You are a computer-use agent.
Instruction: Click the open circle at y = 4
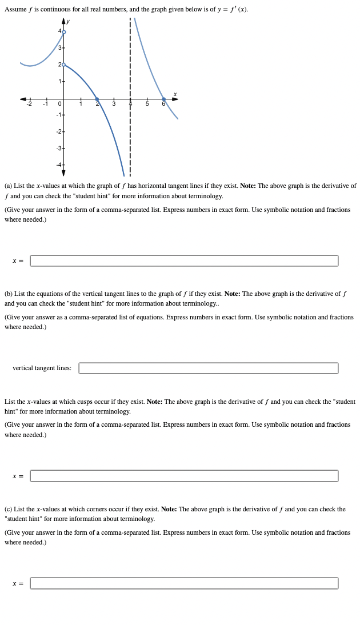(63, 31)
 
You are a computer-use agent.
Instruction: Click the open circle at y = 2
(63, 65)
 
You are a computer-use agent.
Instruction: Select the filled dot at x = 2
(97, 99)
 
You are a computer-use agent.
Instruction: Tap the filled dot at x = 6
(163, 99)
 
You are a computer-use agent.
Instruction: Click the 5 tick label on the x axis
(147, 104)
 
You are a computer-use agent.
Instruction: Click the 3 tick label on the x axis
(114, 104)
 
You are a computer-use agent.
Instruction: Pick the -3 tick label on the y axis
(58, 149)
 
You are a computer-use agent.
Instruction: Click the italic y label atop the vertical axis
(68, 21)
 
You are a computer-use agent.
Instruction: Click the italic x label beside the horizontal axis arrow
(175, 94)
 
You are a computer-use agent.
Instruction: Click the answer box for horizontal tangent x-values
(184, 261)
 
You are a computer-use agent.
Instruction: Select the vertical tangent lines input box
(208, 368)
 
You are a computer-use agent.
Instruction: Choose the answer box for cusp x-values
(184, 476)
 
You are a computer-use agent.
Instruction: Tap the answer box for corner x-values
(184, 583)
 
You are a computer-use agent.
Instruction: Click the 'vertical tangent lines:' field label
(42, 368)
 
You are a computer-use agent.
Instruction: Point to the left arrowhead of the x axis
(23, 99)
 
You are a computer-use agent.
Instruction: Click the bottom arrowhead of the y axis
(63, 173)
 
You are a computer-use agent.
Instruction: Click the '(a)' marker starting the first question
(9, 186)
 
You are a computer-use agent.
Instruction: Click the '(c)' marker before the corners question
(9, 509)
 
